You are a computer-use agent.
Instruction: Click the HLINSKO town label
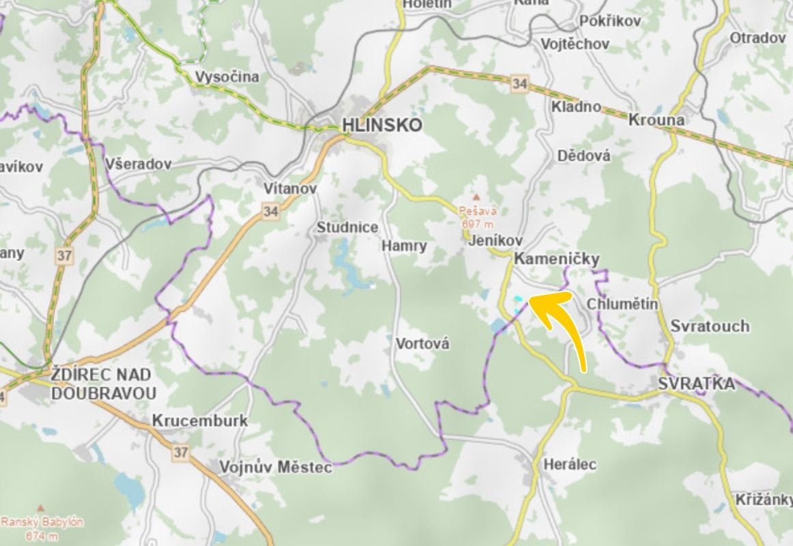click(x=381, y=126)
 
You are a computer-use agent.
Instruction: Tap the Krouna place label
click(x=656, y=120)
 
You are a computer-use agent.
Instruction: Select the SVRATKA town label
click(x=697, y=384)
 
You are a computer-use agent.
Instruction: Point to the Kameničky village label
click(x=556, y=259)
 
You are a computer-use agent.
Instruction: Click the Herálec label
click(x=569, y=465)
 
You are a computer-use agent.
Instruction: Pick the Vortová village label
click(x=422, y=344)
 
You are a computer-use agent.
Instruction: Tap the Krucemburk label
click(x=199, y=420)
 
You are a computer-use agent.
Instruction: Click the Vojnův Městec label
click(x=275, y=468)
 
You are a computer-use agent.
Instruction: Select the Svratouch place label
click(x=709, y=326)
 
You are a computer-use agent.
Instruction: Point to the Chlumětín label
click(x=622, y=304)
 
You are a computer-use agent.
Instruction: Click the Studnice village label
click(x=347, y=227)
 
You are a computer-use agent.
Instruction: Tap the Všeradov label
click(x=139, y=164)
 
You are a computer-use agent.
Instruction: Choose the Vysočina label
click(x=227, y=77)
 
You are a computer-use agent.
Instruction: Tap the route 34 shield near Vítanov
click(x=271, y=212)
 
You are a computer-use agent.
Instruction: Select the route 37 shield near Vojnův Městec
click(x=180, y=452)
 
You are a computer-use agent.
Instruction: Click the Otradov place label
click(x=758, y=38)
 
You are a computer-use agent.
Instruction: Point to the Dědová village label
click(x=583, y=156)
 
